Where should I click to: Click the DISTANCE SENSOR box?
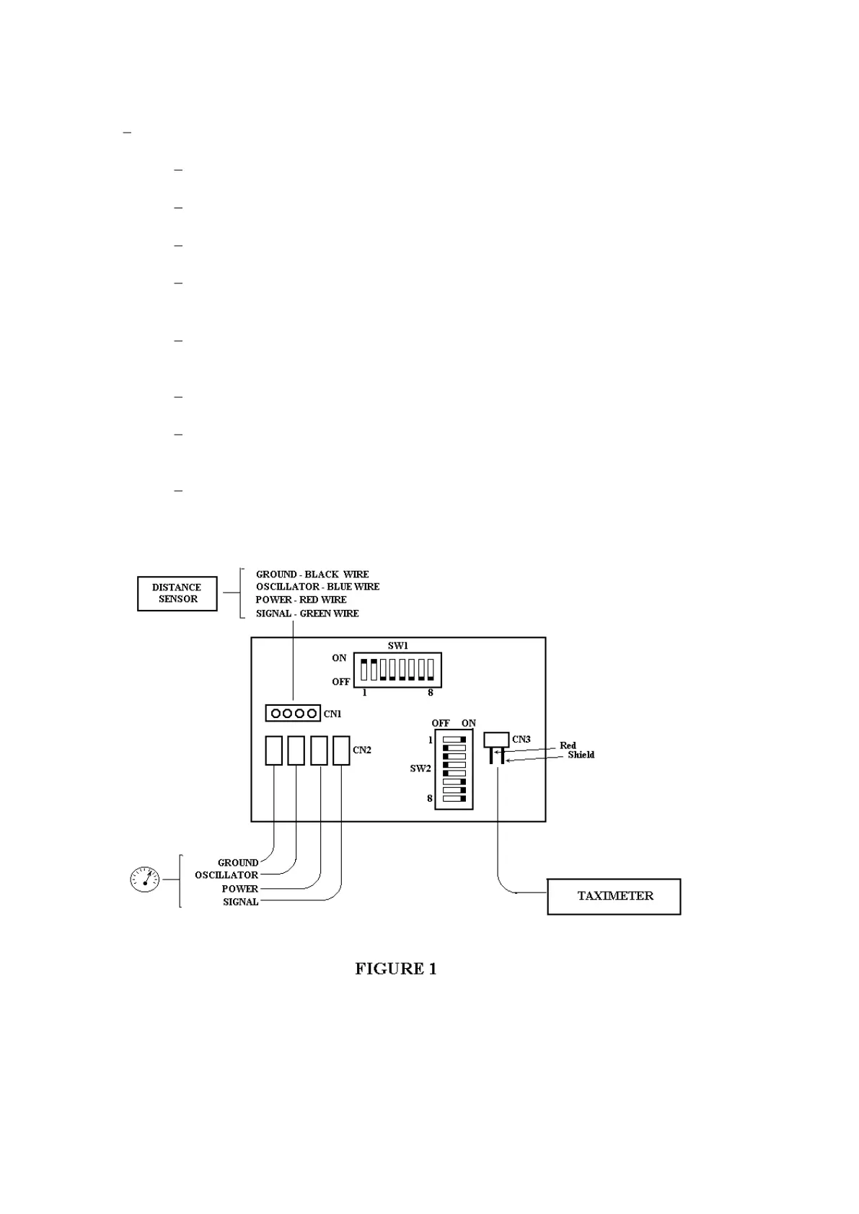(177, 593)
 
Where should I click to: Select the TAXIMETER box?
(614, 896)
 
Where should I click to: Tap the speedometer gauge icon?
(144, 879)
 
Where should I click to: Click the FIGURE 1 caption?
(395, 968)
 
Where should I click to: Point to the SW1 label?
(397, 646)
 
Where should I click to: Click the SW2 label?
(420, 768)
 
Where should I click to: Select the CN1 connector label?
(332, 714)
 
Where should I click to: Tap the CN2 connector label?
(362, 750)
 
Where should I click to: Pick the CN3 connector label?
(521, 739)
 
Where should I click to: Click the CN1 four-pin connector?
(293, 714)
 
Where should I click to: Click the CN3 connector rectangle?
(496, 740)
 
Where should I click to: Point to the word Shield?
(581, 755)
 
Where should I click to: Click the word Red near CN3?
(568, 745)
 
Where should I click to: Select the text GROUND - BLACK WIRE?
(312, 575)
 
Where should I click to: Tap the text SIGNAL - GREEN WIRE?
(307, 613)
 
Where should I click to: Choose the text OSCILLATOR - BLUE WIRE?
(317, 587)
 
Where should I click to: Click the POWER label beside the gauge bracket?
(239, 889)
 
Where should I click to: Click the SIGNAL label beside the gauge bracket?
(240, 902)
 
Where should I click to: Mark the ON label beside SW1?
(339, 658)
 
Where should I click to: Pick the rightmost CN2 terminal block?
(341, 750)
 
